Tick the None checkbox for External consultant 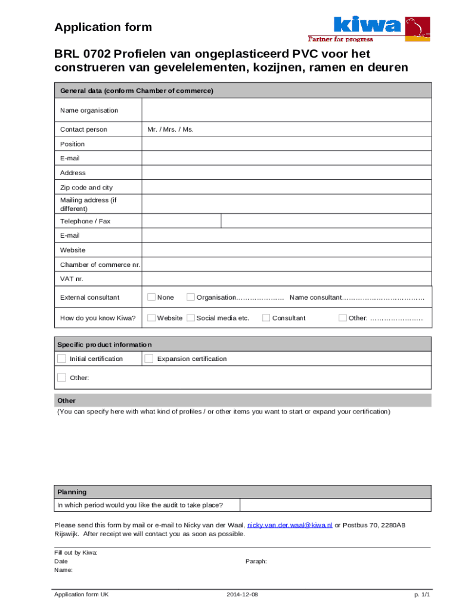tap(151, 297)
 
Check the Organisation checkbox tap(191, 297)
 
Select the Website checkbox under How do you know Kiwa tap(151, 318)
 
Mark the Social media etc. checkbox tap(191, 318)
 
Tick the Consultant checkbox tap(266, 318)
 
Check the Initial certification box tap(61, 359)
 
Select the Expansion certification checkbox tap(149, 359)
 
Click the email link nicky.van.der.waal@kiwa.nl tap(290, 525)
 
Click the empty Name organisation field tap(286, 110)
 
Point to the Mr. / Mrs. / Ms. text tap(170, 129)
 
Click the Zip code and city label tap(86, 188)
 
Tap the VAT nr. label tap(72, 279)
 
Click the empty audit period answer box tap(335, 505)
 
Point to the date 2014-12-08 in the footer tap(243, 595)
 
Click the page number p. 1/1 tap(422, 595)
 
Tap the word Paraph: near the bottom tap(256, 561)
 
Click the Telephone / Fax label tap(85, 221)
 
